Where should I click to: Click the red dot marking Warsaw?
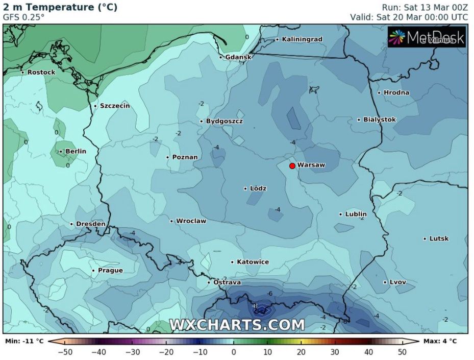pos(292,166)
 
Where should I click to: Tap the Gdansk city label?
pos(238,57)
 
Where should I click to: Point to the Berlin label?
pos(76,151)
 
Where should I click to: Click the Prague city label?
pos(110,270)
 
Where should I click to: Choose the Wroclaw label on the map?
pos(191,221)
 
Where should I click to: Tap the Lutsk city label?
pos(439,238)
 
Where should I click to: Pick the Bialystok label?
pos(379,119)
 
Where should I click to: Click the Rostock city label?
pos(41,73)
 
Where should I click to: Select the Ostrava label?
pos(227,282)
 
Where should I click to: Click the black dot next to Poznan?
pos(168,157)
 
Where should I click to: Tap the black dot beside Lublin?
pos(341,214)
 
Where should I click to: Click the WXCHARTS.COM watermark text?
pos(237,325)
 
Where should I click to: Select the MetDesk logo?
pos(427,37)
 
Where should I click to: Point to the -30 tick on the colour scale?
pos(132,352)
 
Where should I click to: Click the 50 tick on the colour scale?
pos(403,352)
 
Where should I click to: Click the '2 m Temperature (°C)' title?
pos(60,7)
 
